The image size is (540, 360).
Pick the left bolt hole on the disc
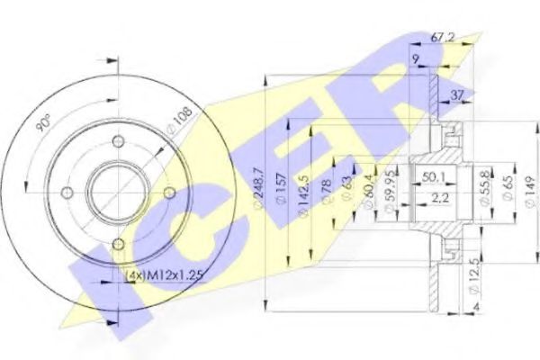click(x=65, y=192)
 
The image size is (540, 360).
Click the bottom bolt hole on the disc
click(x=117, y=243)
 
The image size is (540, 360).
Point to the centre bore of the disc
click(x=116, y=191)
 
